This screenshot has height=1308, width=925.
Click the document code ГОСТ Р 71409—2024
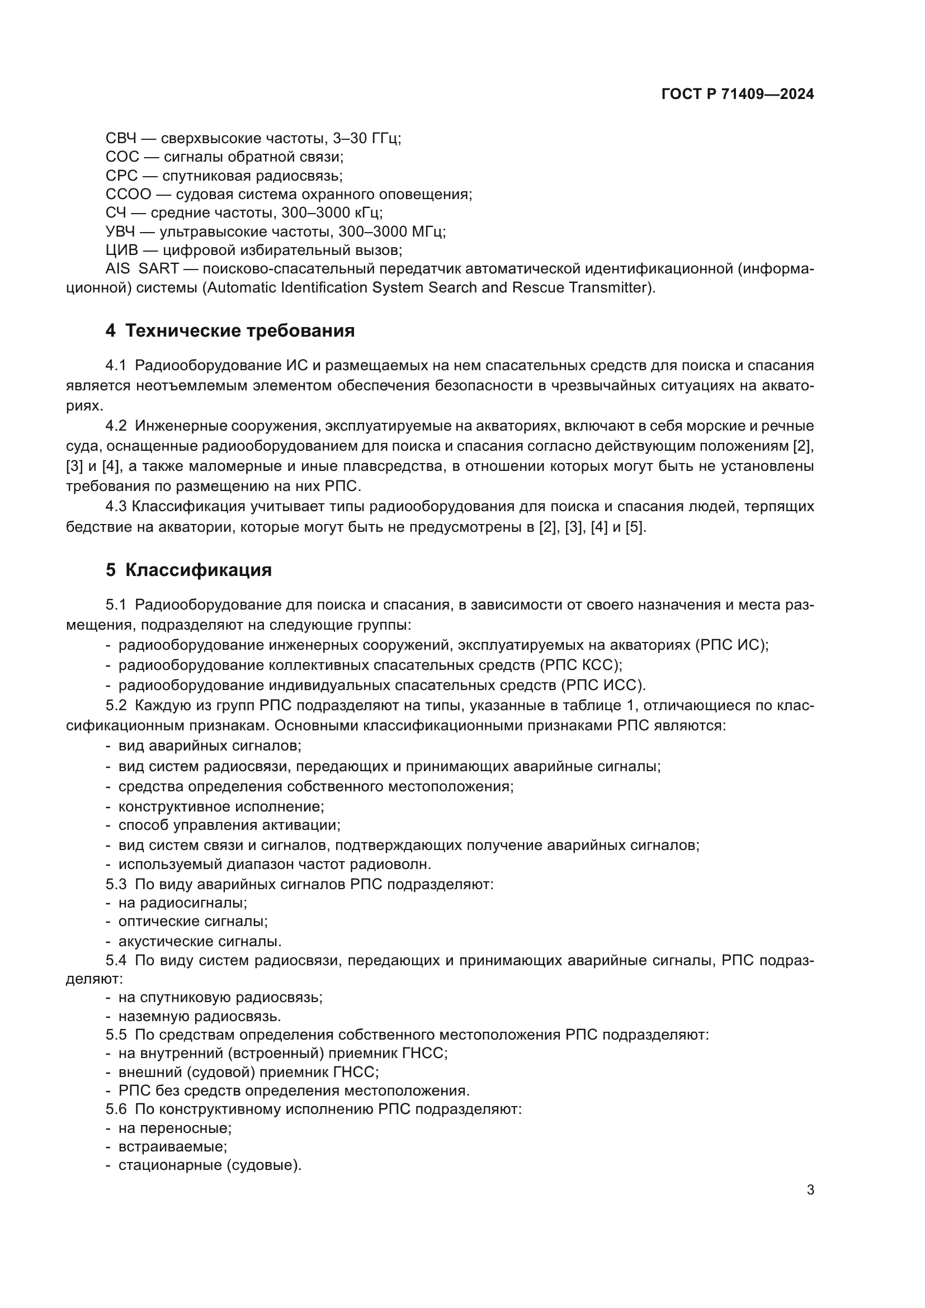click(738, 95)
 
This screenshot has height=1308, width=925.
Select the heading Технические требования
click(239, 330)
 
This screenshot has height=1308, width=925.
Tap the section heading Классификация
click(197, 570)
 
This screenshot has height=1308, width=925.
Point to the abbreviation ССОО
click(128, 194)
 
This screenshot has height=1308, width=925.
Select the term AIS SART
click(143, 269)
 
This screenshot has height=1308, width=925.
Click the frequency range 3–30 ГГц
click(366, 139)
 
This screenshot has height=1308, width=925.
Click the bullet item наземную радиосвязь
click(199, 1016)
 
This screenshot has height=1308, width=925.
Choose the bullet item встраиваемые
click(173, 1146)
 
